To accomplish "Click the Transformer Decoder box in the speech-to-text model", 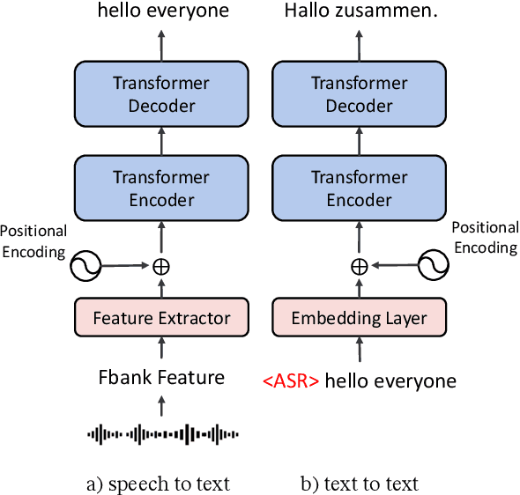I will point(161,95).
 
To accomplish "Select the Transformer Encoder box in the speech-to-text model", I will point(161,188).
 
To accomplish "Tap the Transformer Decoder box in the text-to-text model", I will point(359,95).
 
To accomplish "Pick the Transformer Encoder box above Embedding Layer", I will point(359,188).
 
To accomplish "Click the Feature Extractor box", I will point(161,318).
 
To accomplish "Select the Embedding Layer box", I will point(359,318).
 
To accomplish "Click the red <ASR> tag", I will point(291,381).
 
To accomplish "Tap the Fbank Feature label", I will point(161,378).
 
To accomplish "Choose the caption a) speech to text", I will point(160,483).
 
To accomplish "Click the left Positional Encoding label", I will point(33,240).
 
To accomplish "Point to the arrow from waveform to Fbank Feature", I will point(162,405).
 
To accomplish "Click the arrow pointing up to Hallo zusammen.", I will point(359,42).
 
